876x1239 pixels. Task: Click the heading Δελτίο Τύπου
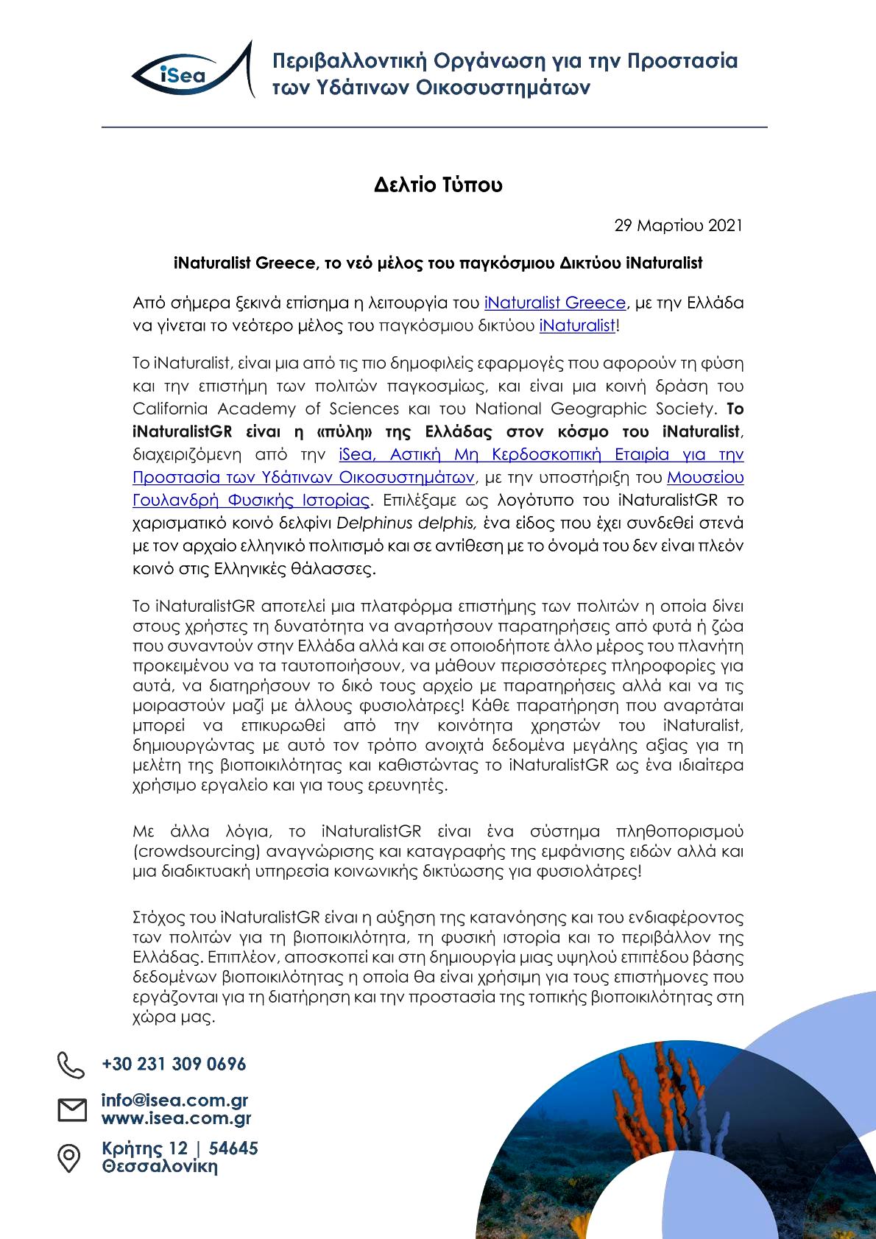[x=438, y=184]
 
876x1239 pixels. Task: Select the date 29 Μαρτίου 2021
[x=678, y=225]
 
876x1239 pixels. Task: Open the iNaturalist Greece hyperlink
[x=554, y=303]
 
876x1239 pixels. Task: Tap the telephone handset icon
[x=71, y=1065]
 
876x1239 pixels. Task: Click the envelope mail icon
[x=71, y=1109]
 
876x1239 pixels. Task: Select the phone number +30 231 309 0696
[x=174, y=1065]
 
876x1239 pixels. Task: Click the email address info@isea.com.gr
[x=174, y=1101]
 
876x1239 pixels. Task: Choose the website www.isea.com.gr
[x=176, y=1119]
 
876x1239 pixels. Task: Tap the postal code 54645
[x=233, y=1148]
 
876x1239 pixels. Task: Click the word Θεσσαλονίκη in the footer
[x=160, y=1166]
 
